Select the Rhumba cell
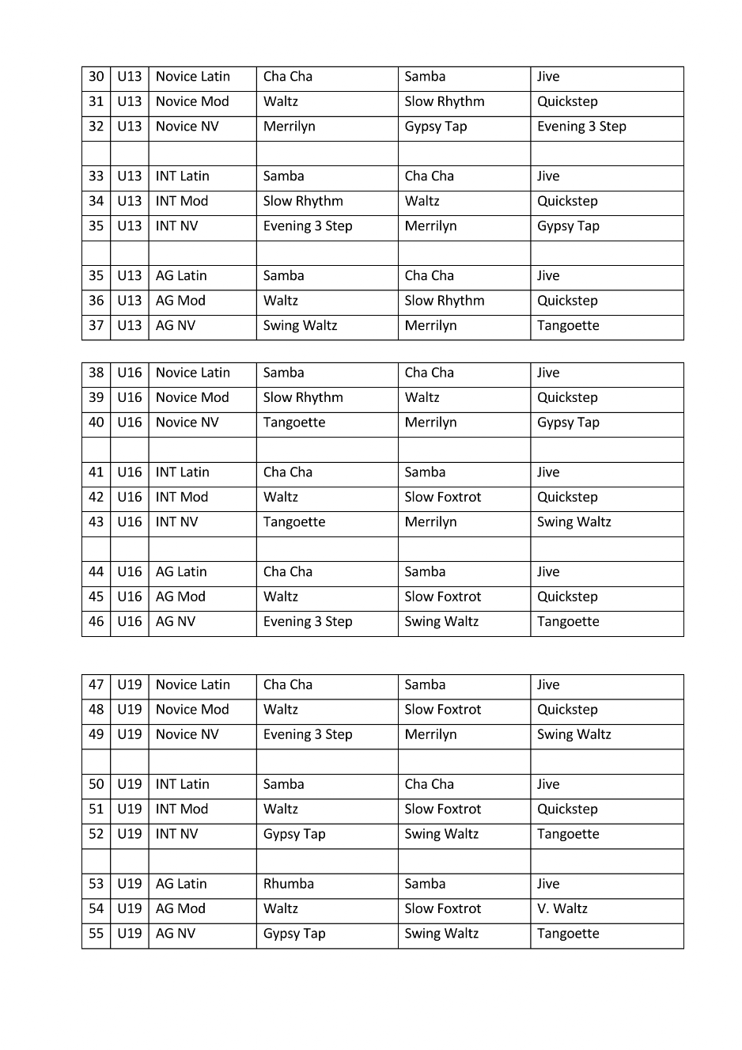[288, 884]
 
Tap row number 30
[96, 77]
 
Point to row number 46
[96, 622]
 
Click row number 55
[96, 934]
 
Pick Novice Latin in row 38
[192, 373]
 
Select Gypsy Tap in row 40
[568, 423]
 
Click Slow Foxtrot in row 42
[442, 497]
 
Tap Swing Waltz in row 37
[300, 325]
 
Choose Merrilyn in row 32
[289, 127]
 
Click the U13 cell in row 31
[129, 101]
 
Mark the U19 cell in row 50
[129, 784]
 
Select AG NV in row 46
[175, 622]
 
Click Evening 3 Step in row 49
[307, 734]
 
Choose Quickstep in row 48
[567, 710]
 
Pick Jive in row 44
[547, 572]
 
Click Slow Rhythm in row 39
[303, 397]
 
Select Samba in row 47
[425, 684]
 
